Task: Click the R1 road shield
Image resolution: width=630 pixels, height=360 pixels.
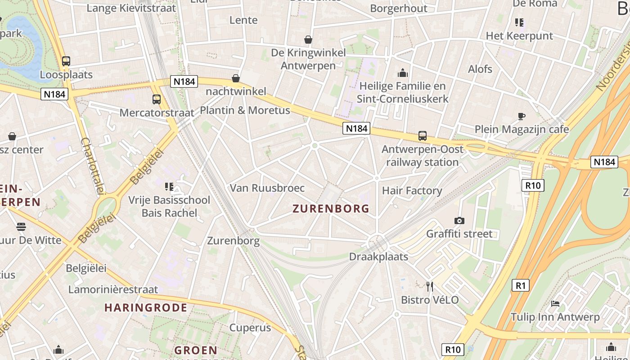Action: pos(520,285)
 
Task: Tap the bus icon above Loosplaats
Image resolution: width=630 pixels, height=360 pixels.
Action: pos(66,61)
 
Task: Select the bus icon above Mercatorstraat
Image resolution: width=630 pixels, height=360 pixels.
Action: pos(157,99)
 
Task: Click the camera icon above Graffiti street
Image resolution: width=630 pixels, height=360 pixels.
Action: pos(459,220)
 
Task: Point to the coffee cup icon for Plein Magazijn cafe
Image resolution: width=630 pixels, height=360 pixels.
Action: pos(521,116)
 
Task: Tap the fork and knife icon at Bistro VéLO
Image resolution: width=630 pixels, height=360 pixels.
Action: pos(430,286)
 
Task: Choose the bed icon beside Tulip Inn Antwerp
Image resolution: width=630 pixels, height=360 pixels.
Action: pos(555,304)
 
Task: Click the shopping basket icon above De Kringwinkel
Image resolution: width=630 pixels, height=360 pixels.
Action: pos(308,40)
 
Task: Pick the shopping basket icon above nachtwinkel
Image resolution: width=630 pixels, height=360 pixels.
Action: pos(236,78)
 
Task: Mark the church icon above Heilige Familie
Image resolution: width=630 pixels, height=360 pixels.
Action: pos(402,72)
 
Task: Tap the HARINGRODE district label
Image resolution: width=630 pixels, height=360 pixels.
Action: pos(146,308)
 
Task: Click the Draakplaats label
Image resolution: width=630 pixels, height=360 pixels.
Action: pos(378,257)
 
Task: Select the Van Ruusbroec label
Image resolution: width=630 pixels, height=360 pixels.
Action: pos(267,188)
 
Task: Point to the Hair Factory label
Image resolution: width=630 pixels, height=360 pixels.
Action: pos(412,191)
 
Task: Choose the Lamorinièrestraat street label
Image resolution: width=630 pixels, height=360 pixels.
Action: pos(113,289)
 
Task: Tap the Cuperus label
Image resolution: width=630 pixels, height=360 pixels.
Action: pos(250,328)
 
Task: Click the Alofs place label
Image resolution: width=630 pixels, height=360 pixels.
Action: pos(480,69)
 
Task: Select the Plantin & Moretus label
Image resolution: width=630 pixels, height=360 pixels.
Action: pos(245,110)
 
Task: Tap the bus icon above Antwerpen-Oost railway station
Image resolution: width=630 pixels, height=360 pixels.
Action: pos(422,135)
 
